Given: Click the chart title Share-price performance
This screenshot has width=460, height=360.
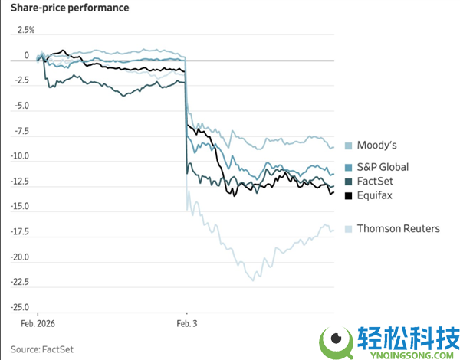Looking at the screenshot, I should [69, 8].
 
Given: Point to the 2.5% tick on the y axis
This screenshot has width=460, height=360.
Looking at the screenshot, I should [26, 30].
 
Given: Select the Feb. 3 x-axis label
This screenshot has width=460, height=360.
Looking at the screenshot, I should [187, 325].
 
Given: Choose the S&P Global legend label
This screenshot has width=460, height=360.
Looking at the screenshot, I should [383, 167].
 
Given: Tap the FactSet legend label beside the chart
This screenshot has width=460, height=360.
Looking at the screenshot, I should [376, 182].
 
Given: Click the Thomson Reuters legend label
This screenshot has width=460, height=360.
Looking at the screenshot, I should [398, 228].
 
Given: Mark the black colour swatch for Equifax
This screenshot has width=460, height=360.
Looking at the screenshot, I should [349, 197].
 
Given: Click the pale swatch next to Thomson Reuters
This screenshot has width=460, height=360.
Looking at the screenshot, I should [349, 229].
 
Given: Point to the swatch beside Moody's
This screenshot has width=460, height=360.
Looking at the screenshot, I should [349, 146].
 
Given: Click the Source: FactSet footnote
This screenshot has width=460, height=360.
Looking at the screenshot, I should [47, 349].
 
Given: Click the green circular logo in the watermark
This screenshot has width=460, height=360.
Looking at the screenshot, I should [336, 341].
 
